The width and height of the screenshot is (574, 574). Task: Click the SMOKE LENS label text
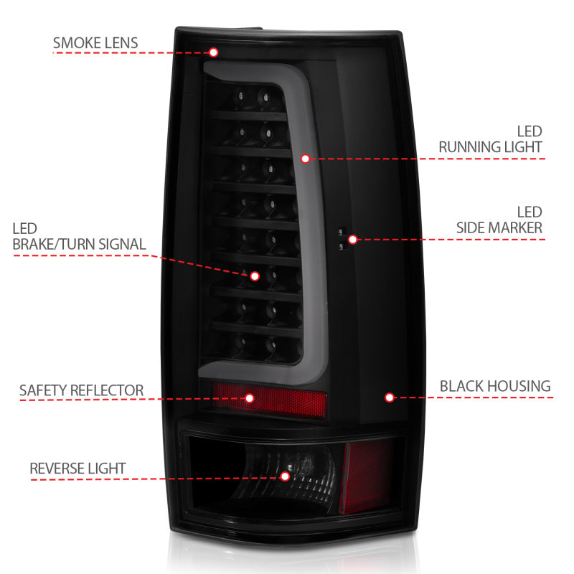pos(95,42)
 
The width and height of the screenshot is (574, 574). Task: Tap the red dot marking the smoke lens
pos(213,52)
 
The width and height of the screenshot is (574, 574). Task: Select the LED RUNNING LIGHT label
pos(490,140)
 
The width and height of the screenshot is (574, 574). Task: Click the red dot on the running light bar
pos(305,158)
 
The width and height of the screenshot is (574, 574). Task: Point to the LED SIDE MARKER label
pos(499,220)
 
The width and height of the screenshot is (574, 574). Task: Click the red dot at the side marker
pos(352,239)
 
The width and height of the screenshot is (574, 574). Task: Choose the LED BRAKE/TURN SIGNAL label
pos(79,237)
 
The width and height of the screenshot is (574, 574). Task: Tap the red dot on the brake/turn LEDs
pos(253,276)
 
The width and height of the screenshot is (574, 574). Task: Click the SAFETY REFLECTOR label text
pos(81,391)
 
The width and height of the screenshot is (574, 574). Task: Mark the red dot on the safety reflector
pos(250,397)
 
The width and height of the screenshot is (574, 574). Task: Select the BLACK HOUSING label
pos(495,387)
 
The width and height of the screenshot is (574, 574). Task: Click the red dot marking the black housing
pos(390,397)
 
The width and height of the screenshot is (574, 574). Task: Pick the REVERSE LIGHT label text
pos(77,469)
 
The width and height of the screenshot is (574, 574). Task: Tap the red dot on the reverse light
pos(285,476)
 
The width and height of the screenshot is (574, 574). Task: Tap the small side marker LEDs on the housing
pos(342,239)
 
